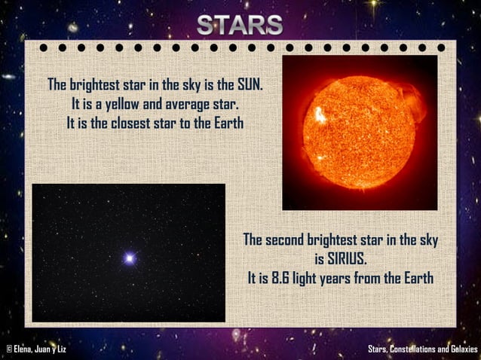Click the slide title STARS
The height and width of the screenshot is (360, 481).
tap(240, 25)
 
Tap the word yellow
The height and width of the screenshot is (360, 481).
tap(128, 103)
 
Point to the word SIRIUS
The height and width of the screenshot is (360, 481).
tap(340, 260)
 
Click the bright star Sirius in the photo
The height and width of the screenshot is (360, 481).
tap(129, 258)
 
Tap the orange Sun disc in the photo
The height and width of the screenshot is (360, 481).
tap(359, 132)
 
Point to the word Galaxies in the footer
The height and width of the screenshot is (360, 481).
tap(461, 349)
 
